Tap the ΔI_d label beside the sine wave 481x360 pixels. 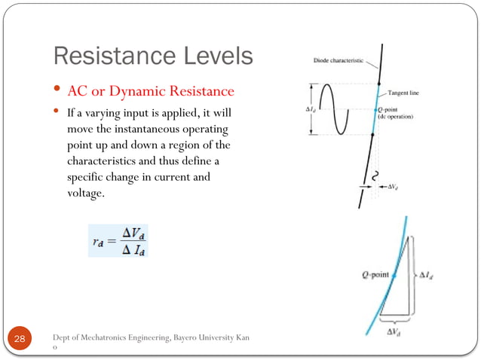pos(310,108)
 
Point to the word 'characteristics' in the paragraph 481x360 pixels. pos(94,161)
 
